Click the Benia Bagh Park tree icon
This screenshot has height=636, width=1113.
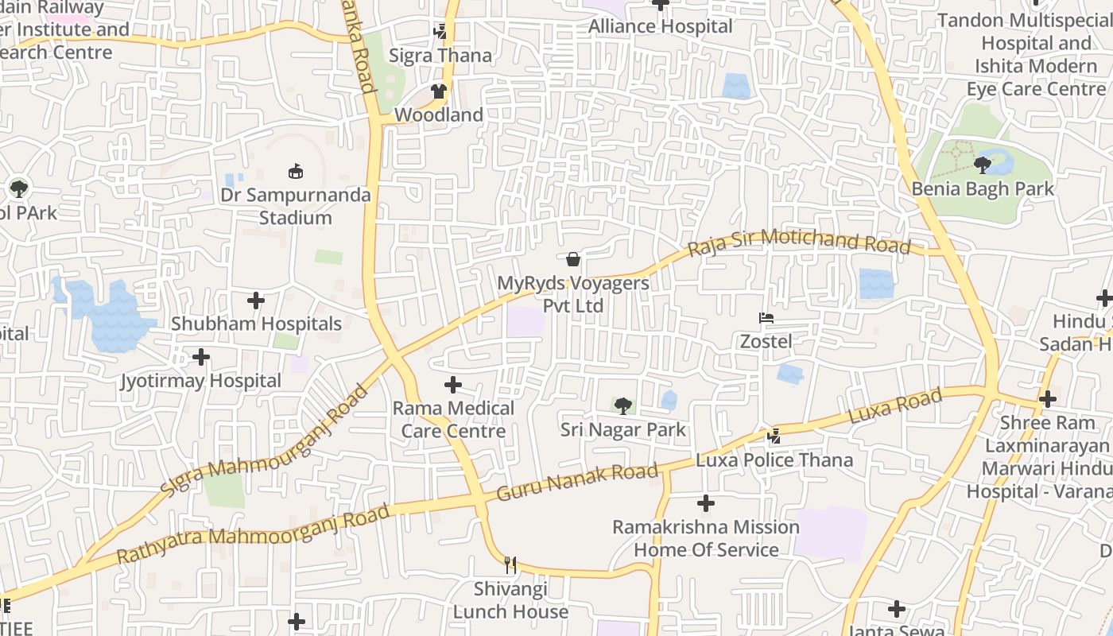[x=983, y=165]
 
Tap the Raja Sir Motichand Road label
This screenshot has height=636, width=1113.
[x=799, y=242]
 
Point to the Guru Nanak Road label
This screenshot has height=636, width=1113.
[x=578, y=482]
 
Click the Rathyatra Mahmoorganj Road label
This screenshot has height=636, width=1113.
[x=254, y=533]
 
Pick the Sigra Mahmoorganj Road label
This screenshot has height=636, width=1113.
[x=266, y=442]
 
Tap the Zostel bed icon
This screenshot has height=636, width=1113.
[x=766, y=318]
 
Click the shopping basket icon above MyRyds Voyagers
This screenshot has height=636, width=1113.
[x=572, y=259]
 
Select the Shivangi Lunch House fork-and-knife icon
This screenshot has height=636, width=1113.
[x=510, y=565]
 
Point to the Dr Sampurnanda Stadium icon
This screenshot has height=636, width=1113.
[x=296, y=171]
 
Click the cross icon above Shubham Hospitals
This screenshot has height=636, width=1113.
[x=256, y=301]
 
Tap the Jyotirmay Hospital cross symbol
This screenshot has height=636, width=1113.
[x=201, y=357]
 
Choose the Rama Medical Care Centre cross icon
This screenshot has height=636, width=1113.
[x=453, y=385]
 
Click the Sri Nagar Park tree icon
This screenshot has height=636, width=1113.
[x=623, y=406]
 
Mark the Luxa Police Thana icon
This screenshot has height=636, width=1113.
[x=774, y=436]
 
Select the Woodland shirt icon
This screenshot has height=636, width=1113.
[x=439, y=91]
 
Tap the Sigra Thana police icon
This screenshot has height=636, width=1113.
[x=440, y=32]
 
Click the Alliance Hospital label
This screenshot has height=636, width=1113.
[x=661, y=26]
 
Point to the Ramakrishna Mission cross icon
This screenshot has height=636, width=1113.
[x=706, y=503]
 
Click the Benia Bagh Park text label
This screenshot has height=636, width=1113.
[x=983, y=189]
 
